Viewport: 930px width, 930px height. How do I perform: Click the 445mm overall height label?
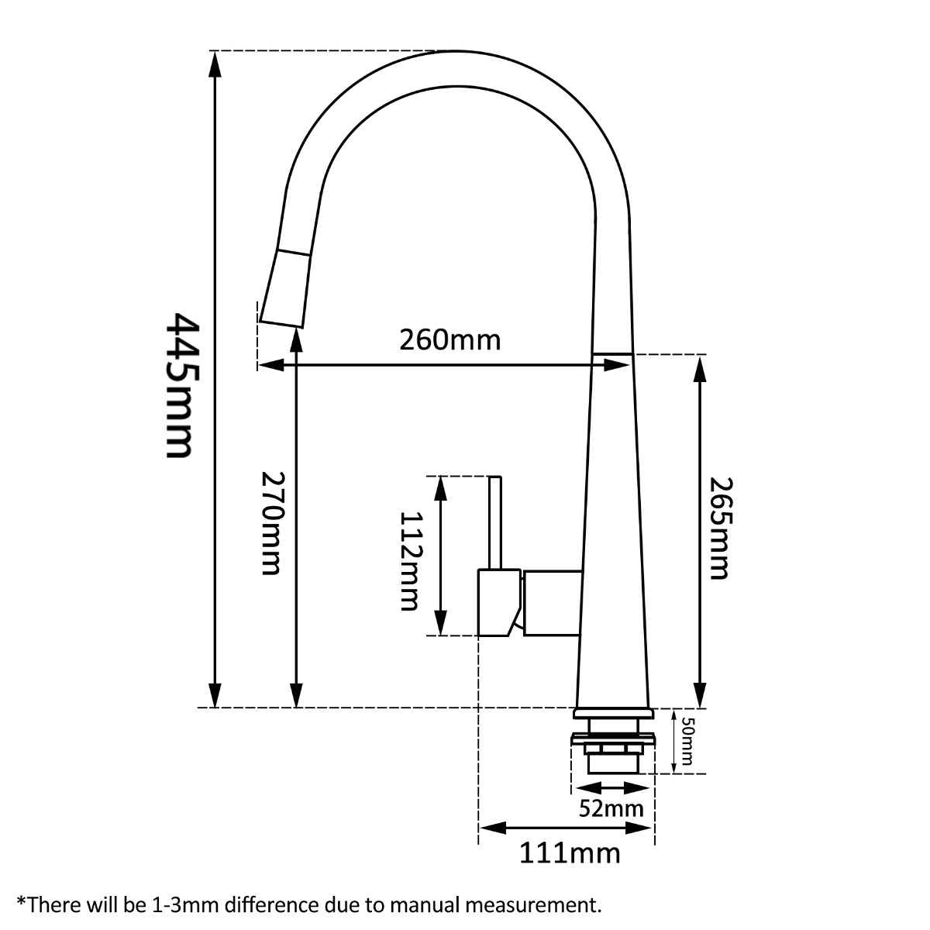pos(180,385)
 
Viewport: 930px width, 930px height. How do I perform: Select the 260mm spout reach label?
pos(449,339)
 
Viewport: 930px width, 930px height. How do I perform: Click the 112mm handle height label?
pos(408,561)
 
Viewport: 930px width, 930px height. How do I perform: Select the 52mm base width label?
pos(611,809)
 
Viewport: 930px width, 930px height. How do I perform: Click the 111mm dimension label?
pos(570,853)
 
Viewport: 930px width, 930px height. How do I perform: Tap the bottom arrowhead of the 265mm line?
pos(701,694)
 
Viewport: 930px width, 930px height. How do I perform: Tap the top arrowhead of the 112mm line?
pos(441,489)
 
